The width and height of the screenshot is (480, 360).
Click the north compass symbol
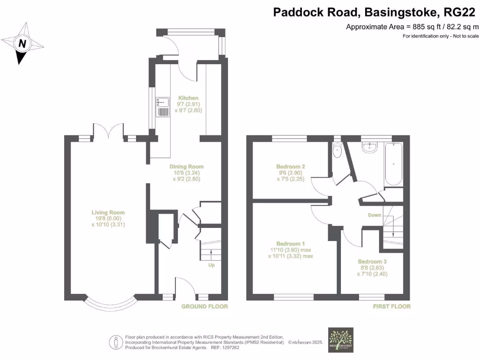click(22, 44)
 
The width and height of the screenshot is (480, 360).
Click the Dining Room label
click(187, 166)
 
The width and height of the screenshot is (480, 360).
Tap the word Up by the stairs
click(212, 265)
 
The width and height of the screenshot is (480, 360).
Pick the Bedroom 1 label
click(290, 244)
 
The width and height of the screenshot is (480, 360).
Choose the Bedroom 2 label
click(291, 166)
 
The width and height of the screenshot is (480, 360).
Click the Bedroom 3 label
click(372, 262)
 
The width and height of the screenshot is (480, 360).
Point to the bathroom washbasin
click(371, 147)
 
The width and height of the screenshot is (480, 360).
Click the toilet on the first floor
click(337, 150)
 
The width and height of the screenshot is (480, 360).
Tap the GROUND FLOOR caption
click(204, 307)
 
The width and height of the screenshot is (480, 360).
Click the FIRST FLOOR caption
click(391, 307)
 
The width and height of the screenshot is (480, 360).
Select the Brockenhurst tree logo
click(341, 338)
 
